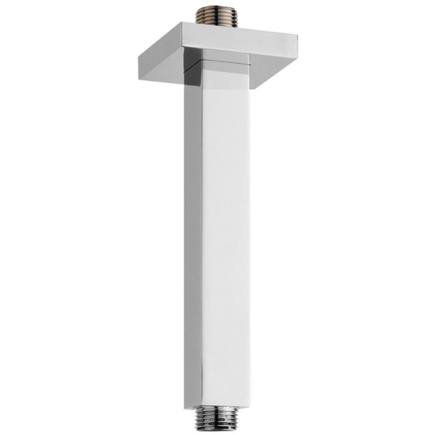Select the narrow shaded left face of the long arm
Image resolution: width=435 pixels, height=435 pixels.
193,239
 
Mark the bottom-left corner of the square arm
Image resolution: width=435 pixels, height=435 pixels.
185,407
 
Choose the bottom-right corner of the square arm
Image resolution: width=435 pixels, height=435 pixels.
251,405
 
